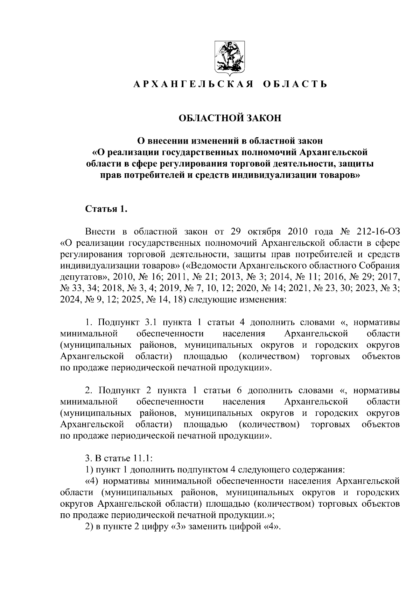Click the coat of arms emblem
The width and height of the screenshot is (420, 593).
230,59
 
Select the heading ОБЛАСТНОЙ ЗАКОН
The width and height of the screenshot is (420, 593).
230,118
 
